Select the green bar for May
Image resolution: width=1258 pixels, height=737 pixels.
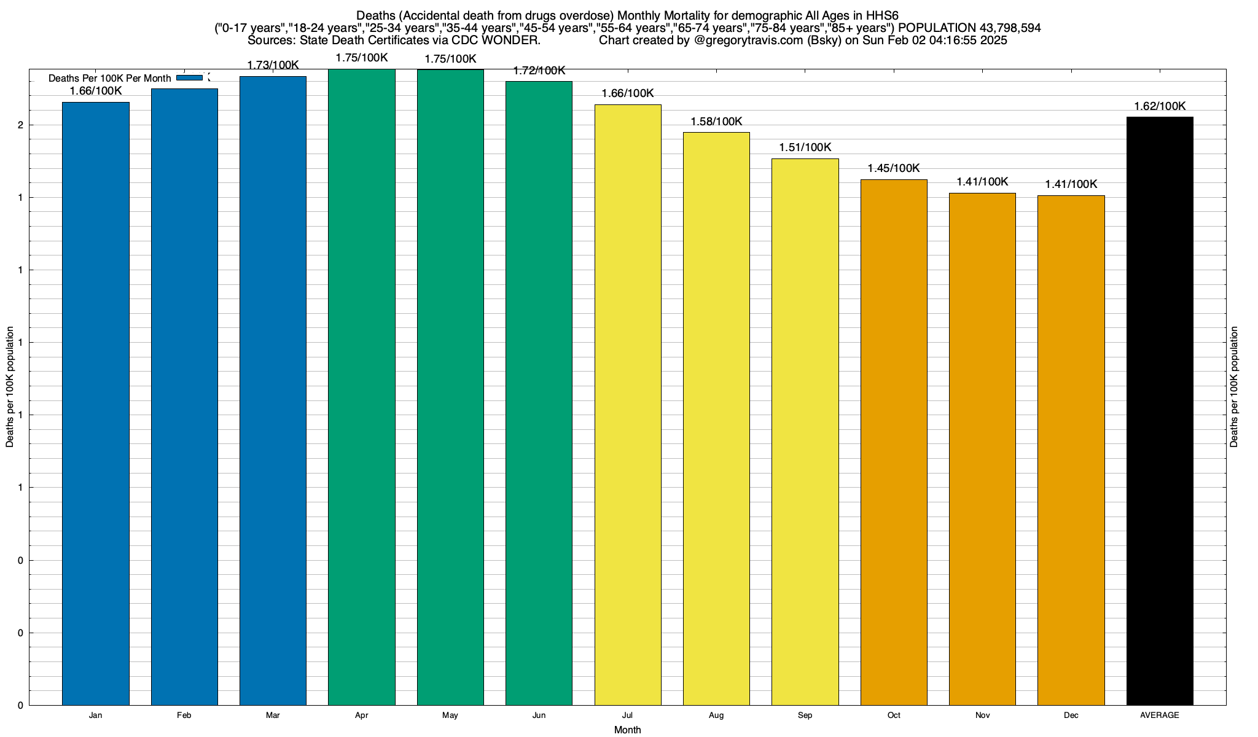[450, 387]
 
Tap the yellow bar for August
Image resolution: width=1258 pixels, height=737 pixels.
[716, 418]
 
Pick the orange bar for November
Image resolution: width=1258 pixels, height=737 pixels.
[982, 449]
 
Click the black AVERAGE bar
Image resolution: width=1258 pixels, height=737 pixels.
[1160, 411]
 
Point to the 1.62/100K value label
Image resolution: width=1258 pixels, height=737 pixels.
[1160, 106]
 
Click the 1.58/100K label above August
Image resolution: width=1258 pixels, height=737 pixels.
[716, 122]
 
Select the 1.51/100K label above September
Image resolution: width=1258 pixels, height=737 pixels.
[805, 147]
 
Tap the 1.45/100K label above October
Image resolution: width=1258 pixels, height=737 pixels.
[894, 168]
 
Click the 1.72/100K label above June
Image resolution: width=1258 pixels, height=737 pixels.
[539, 71]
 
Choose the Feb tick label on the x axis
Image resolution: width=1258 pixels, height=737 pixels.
[184, 716]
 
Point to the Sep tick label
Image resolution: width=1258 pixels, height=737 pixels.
[805, 716]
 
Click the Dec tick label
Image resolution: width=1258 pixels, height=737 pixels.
[1071, 716]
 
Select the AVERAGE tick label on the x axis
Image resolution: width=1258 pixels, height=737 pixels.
[1160, 716]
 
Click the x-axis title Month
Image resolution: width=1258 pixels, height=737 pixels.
[627, 730]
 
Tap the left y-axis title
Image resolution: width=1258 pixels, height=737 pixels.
[10, 387]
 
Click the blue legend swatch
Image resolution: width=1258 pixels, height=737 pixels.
[189, 78]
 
